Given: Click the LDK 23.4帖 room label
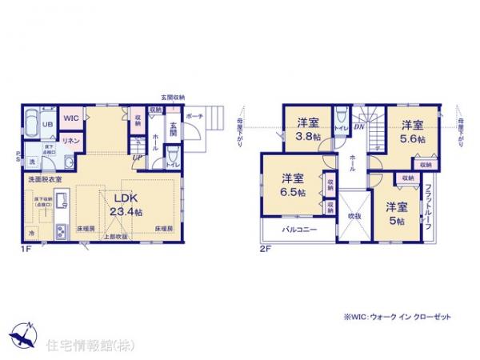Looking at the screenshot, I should coord(127,206).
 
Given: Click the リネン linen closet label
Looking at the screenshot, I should coord(70,141).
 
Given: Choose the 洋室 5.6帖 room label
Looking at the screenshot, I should coord(413,130).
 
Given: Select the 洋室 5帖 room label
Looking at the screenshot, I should coord(397,212).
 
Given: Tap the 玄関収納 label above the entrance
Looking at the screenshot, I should coord(172,97).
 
